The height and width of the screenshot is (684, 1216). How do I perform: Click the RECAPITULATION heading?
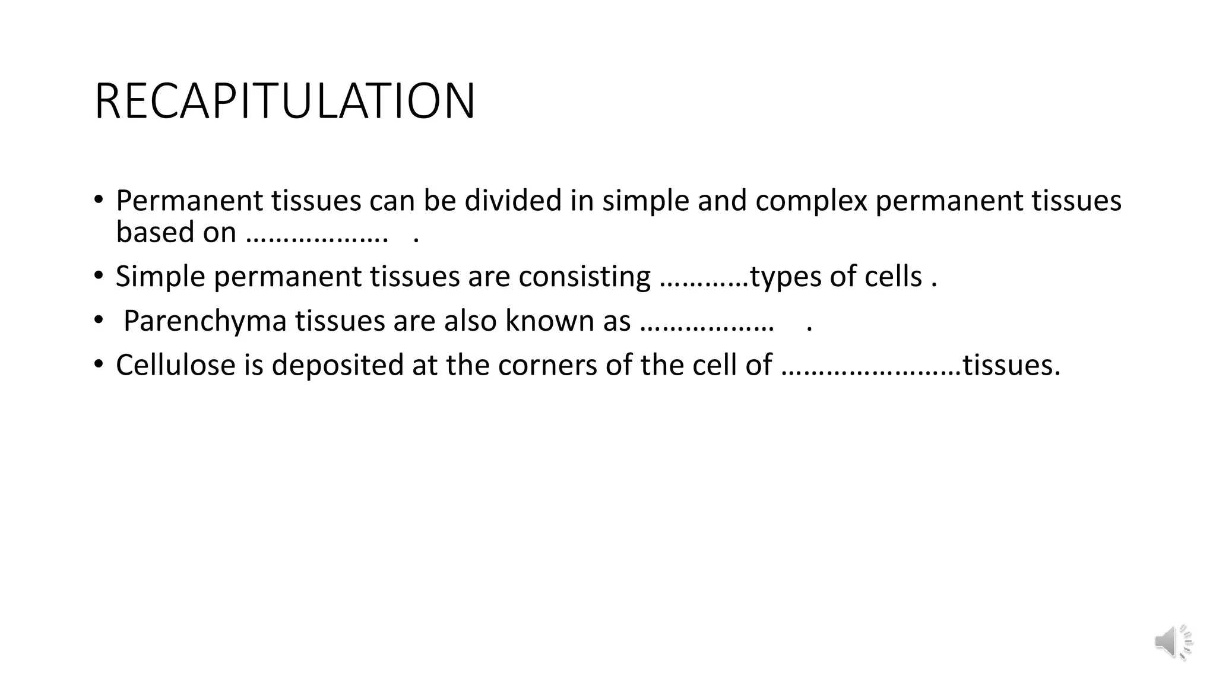(284, 102)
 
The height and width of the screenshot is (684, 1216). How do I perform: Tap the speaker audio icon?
(1173, 642)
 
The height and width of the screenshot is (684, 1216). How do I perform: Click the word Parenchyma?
(205, 321)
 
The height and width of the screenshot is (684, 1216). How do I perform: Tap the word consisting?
(584, 277)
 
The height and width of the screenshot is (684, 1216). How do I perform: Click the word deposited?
(338, 365)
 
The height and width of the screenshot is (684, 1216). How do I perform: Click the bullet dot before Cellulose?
(99, 363)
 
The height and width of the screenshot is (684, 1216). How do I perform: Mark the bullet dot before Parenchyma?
(99, 320)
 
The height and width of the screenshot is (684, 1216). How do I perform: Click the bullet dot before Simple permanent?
(99, 275)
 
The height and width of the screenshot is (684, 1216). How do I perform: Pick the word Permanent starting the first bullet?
(189, 201)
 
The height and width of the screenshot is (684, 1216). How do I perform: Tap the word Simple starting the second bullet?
(160, 277)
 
